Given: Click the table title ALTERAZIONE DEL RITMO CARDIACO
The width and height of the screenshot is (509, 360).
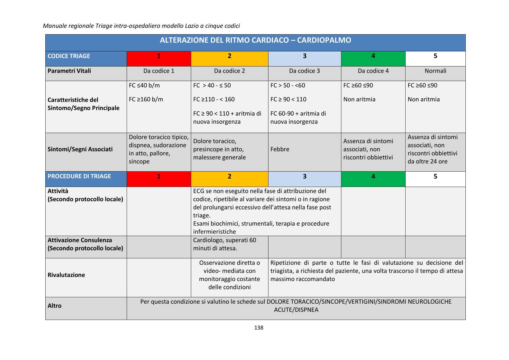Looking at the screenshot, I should (x=255, y=40).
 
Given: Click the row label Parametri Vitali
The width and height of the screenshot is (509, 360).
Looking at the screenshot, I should (x=69, y=71).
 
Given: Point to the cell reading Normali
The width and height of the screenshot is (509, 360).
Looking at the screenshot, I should (x=435, y=71).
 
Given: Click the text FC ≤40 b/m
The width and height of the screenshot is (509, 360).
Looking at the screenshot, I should (x=144, y=85).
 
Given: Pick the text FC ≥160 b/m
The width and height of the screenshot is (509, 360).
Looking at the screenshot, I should (x=146, y=99).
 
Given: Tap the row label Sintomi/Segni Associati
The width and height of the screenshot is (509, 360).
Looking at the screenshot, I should (x=80, y=149).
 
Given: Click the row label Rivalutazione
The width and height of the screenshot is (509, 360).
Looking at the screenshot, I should (x=66, y=275).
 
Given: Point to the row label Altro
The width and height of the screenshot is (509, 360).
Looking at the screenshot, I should (x=55, y=306).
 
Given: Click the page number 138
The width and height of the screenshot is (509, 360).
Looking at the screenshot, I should (x=259, y=328).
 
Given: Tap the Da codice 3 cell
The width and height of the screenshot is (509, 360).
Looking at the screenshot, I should (x=304, y=71).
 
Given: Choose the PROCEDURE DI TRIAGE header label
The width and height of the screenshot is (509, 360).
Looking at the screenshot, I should (x=79, y=176).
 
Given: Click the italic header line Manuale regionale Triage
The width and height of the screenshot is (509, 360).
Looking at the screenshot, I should (x=141, y=26).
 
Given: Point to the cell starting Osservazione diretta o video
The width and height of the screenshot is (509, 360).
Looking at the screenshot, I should (x=229, y=275).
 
